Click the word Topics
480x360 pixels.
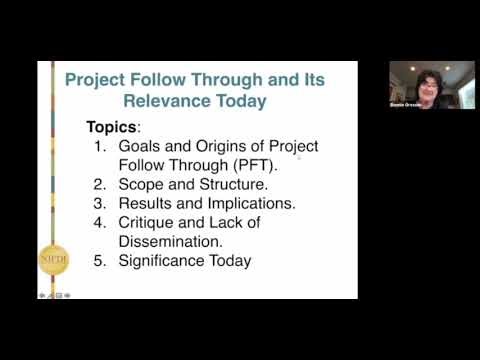(x=113, y=128)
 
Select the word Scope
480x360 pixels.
(x=145, y=184)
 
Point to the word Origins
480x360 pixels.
(x=230, y=146)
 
